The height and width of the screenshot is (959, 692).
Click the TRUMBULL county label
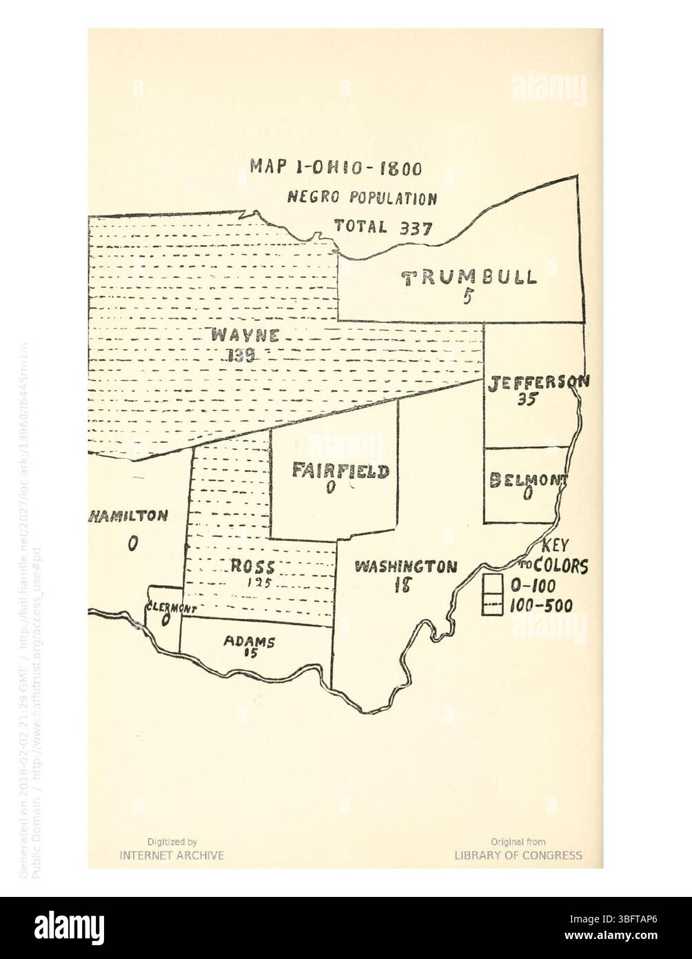(x=469, y=277)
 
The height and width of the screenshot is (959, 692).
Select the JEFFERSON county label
(x=538, y=382)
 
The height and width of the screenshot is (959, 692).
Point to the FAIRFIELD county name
(x=340, y=471)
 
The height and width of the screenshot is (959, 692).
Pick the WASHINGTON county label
(x=405, y=567)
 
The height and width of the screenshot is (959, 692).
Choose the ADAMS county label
(x=250, y=641)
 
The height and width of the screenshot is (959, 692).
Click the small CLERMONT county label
(x=172, y=609)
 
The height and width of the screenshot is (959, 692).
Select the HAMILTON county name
(x=128, y=516)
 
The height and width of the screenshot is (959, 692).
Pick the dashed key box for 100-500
(x=491, y=605)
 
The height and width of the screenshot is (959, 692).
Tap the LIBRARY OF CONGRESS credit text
(x=518, y=856)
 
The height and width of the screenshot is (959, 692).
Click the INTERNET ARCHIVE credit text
(x=172, y=856)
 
